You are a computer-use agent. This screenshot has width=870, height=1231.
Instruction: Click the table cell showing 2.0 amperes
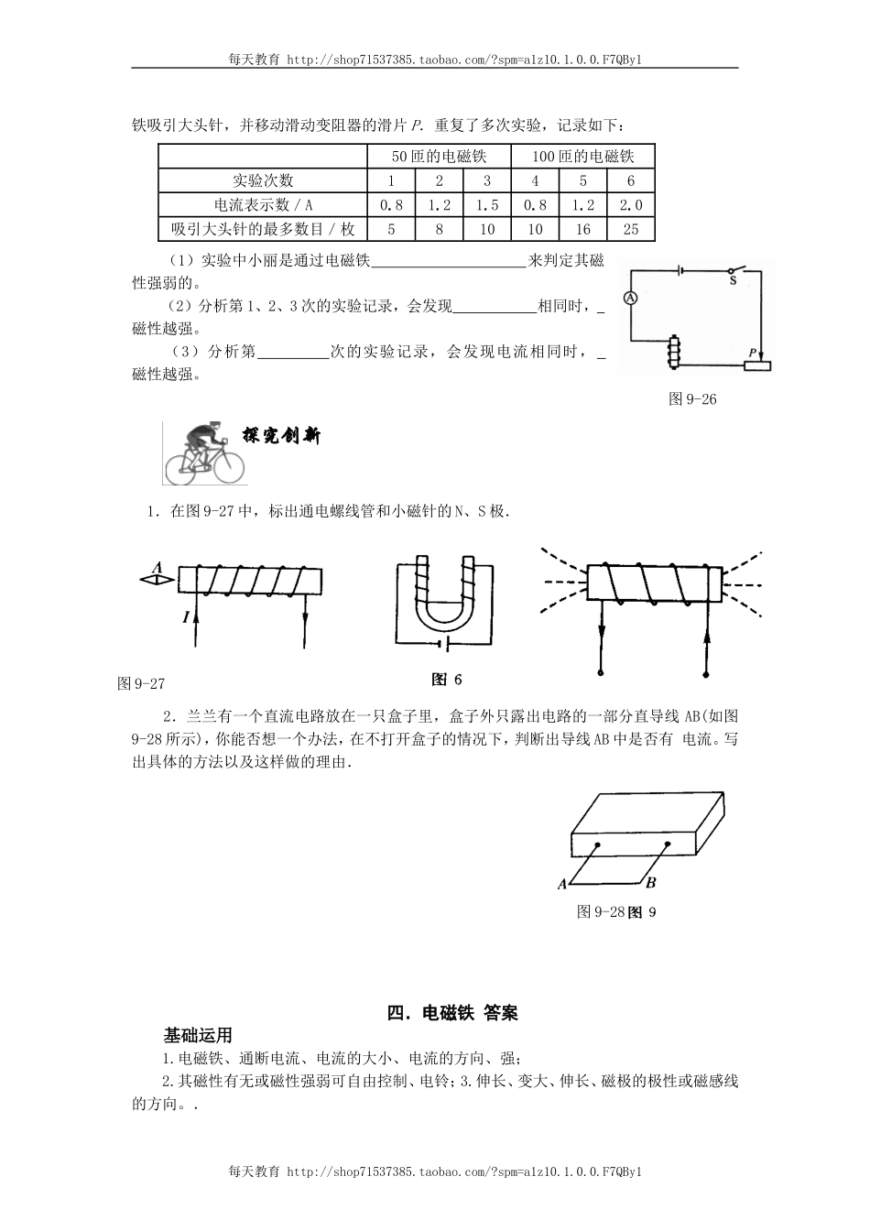630,205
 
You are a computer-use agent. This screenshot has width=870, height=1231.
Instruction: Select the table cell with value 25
630,229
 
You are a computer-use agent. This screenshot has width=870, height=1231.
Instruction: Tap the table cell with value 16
582,229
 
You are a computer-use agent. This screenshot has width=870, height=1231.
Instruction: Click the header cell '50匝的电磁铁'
439,157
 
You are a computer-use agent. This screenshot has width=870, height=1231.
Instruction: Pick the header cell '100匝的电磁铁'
582,157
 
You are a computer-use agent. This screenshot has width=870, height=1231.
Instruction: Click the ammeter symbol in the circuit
630,298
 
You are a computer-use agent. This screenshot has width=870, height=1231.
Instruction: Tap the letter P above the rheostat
753,353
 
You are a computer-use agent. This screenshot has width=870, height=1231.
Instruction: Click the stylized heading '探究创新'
281,436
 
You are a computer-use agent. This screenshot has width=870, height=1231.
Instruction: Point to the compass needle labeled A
158,578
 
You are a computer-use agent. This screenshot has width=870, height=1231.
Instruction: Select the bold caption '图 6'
447,680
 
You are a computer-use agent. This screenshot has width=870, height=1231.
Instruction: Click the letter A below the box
561,884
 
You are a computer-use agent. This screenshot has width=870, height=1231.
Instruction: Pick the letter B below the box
650,883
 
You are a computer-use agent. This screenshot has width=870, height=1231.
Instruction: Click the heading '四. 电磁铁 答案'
452,1012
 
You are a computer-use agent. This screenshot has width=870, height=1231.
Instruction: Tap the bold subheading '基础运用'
197,1035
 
